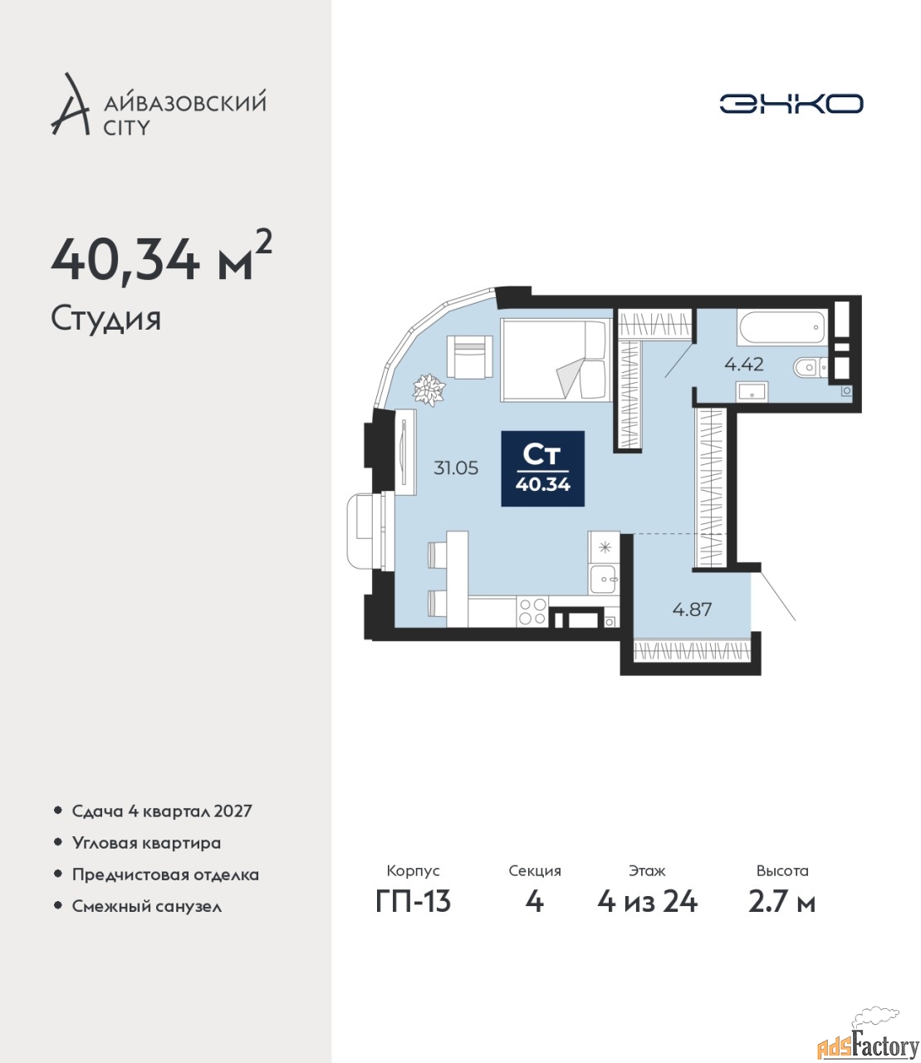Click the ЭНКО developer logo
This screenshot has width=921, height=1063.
pyautogui.click(x=791, y=103)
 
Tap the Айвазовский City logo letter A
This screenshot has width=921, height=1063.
pyautogui.click(x=70, y=105)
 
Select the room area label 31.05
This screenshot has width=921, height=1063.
pyautogui.click(x=456, y=468)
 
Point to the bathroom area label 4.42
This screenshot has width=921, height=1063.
pyautogui.click(x=744, y=364)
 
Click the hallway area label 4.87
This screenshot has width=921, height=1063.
pyautogui.click(x=692, y=610)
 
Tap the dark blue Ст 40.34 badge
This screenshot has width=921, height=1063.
pyautogui.click(x=542, y=468)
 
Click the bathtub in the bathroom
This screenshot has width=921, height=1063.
pyautogui.click(x=781, y=326)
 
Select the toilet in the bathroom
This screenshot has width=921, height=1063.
pyautogui.click(x=811, y=367)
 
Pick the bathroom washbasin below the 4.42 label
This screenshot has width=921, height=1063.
pyautogui.click(x=752, y=391)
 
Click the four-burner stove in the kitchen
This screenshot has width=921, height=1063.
pyautogui.click(x=532, y=611)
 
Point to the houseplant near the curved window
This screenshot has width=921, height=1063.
pyautogui.click(x=429, y=389)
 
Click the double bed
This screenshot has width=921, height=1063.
pyautogui.click(x=556, y=360)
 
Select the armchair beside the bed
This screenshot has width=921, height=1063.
pyautogui.click(x=469, y=356)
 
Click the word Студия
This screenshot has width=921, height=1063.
pyautogui.click(x=106, y=320)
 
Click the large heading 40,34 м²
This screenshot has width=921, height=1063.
pyautogui.click(x=161, y=258)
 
